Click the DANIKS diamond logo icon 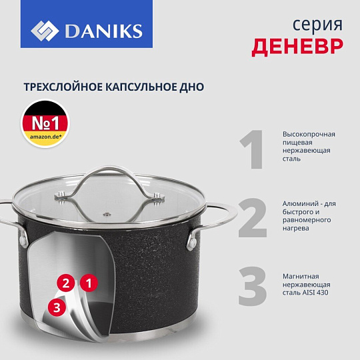coord(45,31)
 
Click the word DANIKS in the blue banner coord(104,31)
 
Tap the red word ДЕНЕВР coord(297,47)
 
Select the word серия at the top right coord(317,25)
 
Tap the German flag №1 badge coord(45,123)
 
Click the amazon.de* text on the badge coord(46,137)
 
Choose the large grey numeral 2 coord(252,217)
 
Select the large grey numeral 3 coord(253,286)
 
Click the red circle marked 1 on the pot coord(89,283)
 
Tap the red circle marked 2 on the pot coord(66,283)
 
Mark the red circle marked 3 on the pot coord(57,307)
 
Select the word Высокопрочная coord(309,134)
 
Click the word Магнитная coord(301,276)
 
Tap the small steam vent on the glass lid coord(107,215)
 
